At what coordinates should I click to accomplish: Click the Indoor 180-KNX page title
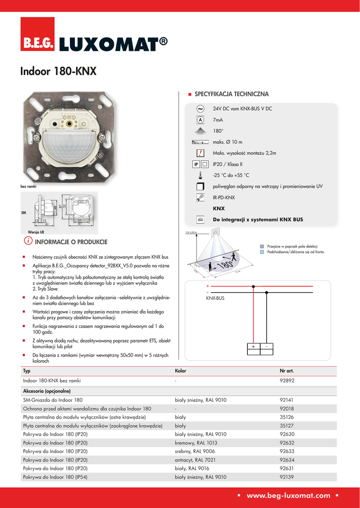pos(58,72)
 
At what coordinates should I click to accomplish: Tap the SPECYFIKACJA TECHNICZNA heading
pos(231,94)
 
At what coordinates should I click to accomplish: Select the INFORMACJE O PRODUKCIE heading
pos(71,242)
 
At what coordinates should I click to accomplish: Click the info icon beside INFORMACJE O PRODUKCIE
pos(28,241)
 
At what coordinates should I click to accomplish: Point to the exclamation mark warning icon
pos(200,153)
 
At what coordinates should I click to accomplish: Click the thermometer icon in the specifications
pos(200,175)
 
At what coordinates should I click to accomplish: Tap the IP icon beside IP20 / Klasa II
pos(196,164)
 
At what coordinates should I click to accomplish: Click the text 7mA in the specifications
pos(217,120)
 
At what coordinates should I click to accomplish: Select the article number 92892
pos(287,381)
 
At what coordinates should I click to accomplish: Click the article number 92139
pos(287,477)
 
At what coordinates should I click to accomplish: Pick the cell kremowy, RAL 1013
pos(196,443)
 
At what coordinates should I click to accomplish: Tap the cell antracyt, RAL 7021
pos(195,460)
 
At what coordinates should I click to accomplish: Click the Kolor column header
pos(181,371)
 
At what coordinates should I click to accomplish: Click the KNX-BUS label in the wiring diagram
pos(216,298)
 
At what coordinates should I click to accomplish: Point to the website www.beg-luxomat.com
pos(288,495)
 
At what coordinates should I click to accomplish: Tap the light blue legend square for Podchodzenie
pos(263,252)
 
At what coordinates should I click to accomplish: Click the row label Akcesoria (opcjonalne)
pos(47,391)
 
